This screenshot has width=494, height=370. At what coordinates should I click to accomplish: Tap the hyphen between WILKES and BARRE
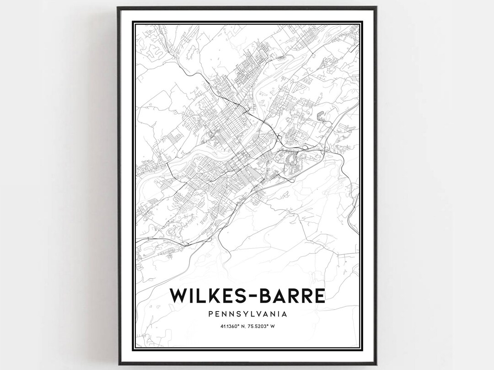tap(249, 296)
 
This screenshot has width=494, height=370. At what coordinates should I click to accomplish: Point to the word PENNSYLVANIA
tap(247, 314)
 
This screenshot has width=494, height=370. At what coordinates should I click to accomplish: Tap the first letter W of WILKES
tap(178, 295)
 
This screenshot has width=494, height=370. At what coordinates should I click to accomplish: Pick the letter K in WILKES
tap(210, 295)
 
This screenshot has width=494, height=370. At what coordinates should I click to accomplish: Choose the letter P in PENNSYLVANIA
tap(210, 314)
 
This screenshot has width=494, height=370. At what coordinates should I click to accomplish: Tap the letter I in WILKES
tap(191, 295)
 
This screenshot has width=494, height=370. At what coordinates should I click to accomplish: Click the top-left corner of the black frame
tap(118, 7)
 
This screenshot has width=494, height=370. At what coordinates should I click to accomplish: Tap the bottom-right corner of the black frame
tap(376, 364)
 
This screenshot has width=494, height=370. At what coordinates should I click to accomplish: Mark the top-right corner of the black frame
tap(376, 7)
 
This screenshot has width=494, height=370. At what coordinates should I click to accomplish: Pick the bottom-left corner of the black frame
tap(118, 364)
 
